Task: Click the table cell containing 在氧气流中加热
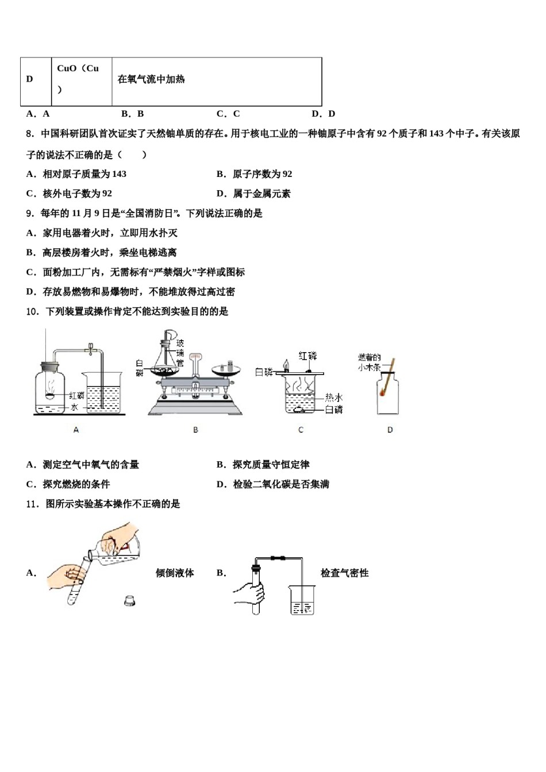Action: (216, 80)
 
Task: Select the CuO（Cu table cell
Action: (81, 79)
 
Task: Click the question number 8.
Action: (31, 134)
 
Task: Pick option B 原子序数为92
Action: (255, 174)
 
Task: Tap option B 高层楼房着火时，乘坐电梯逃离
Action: (102, 253)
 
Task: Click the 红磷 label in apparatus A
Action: (76, 396)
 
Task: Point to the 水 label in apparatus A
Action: (74, 407)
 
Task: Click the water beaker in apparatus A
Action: (104, 393)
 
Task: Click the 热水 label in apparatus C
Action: (334, 397)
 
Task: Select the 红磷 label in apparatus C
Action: (308, 356)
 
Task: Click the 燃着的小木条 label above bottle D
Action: (370, 362)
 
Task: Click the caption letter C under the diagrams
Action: (301, 430)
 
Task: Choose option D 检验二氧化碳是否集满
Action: (273, 484)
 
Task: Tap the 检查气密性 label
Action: (344, 573)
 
